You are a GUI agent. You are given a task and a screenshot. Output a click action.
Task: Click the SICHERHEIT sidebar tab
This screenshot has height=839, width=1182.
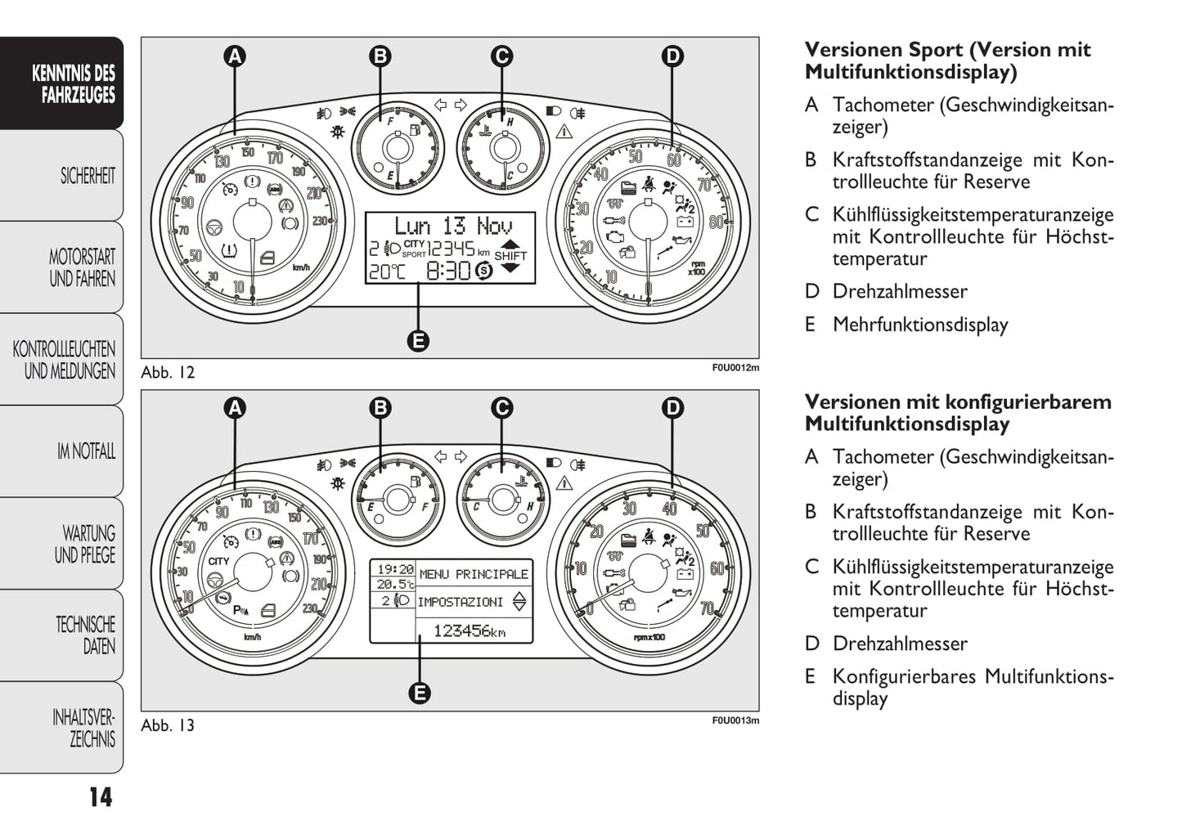(87, 176)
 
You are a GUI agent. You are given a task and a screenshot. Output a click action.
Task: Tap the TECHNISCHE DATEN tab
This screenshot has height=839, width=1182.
(85, 635)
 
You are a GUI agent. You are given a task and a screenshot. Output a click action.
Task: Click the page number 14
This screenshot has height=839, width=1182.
(101, 797)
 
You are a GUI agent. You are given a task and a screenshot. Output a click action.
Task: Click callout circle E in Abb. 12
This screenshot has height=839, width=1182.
(418, 341)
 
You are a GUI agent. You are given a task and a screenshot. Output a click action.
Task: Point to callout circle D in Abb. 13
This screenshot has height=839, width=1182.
(672, 408)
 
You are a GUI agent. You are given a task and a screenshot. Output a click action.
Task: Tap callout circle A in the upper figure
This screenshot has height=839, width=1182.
(235, 56)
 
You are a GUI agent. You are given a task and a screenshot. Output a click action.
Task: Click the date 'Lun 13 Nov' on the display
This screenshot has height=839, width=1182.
(453, 226)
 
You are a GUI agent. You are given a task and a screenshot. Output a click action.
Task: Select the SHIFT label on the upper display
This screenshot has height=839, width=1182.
(510, 256)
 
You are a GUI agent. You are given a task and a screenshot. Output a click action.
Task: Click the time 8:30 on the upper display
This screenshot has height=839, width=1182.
(448, 271)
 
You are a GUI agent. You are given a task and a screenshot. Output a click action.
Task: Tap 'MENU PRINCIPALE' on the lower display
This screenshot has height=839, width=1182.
(474, 574)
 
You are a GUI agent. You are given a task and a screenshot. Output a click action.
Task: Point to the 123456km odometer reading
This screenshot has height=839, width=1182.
(469, 630)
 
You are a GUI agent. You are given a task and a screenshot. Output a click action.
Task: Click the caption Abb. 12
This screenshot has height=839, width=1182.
(168, 372)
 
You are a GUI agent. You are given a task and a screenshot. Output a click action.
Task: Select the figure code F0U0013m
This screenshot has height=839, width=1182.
(735, 720)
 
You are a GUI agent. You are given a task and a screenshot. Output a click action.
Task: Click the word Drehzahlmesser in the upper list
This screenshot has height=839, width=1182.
(899, 291)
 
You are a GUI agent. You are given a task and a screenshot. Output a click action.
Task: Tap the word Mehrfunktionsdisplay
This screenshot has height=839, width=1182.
(919, 325)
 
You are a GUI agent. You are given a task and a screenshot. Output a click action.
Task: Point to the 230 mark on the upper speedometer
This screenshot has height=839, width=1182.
(320, 221)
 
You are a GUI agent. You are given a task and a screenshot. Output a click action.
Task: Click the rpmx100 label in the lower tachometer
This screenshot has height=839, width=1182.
(649, 637)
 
